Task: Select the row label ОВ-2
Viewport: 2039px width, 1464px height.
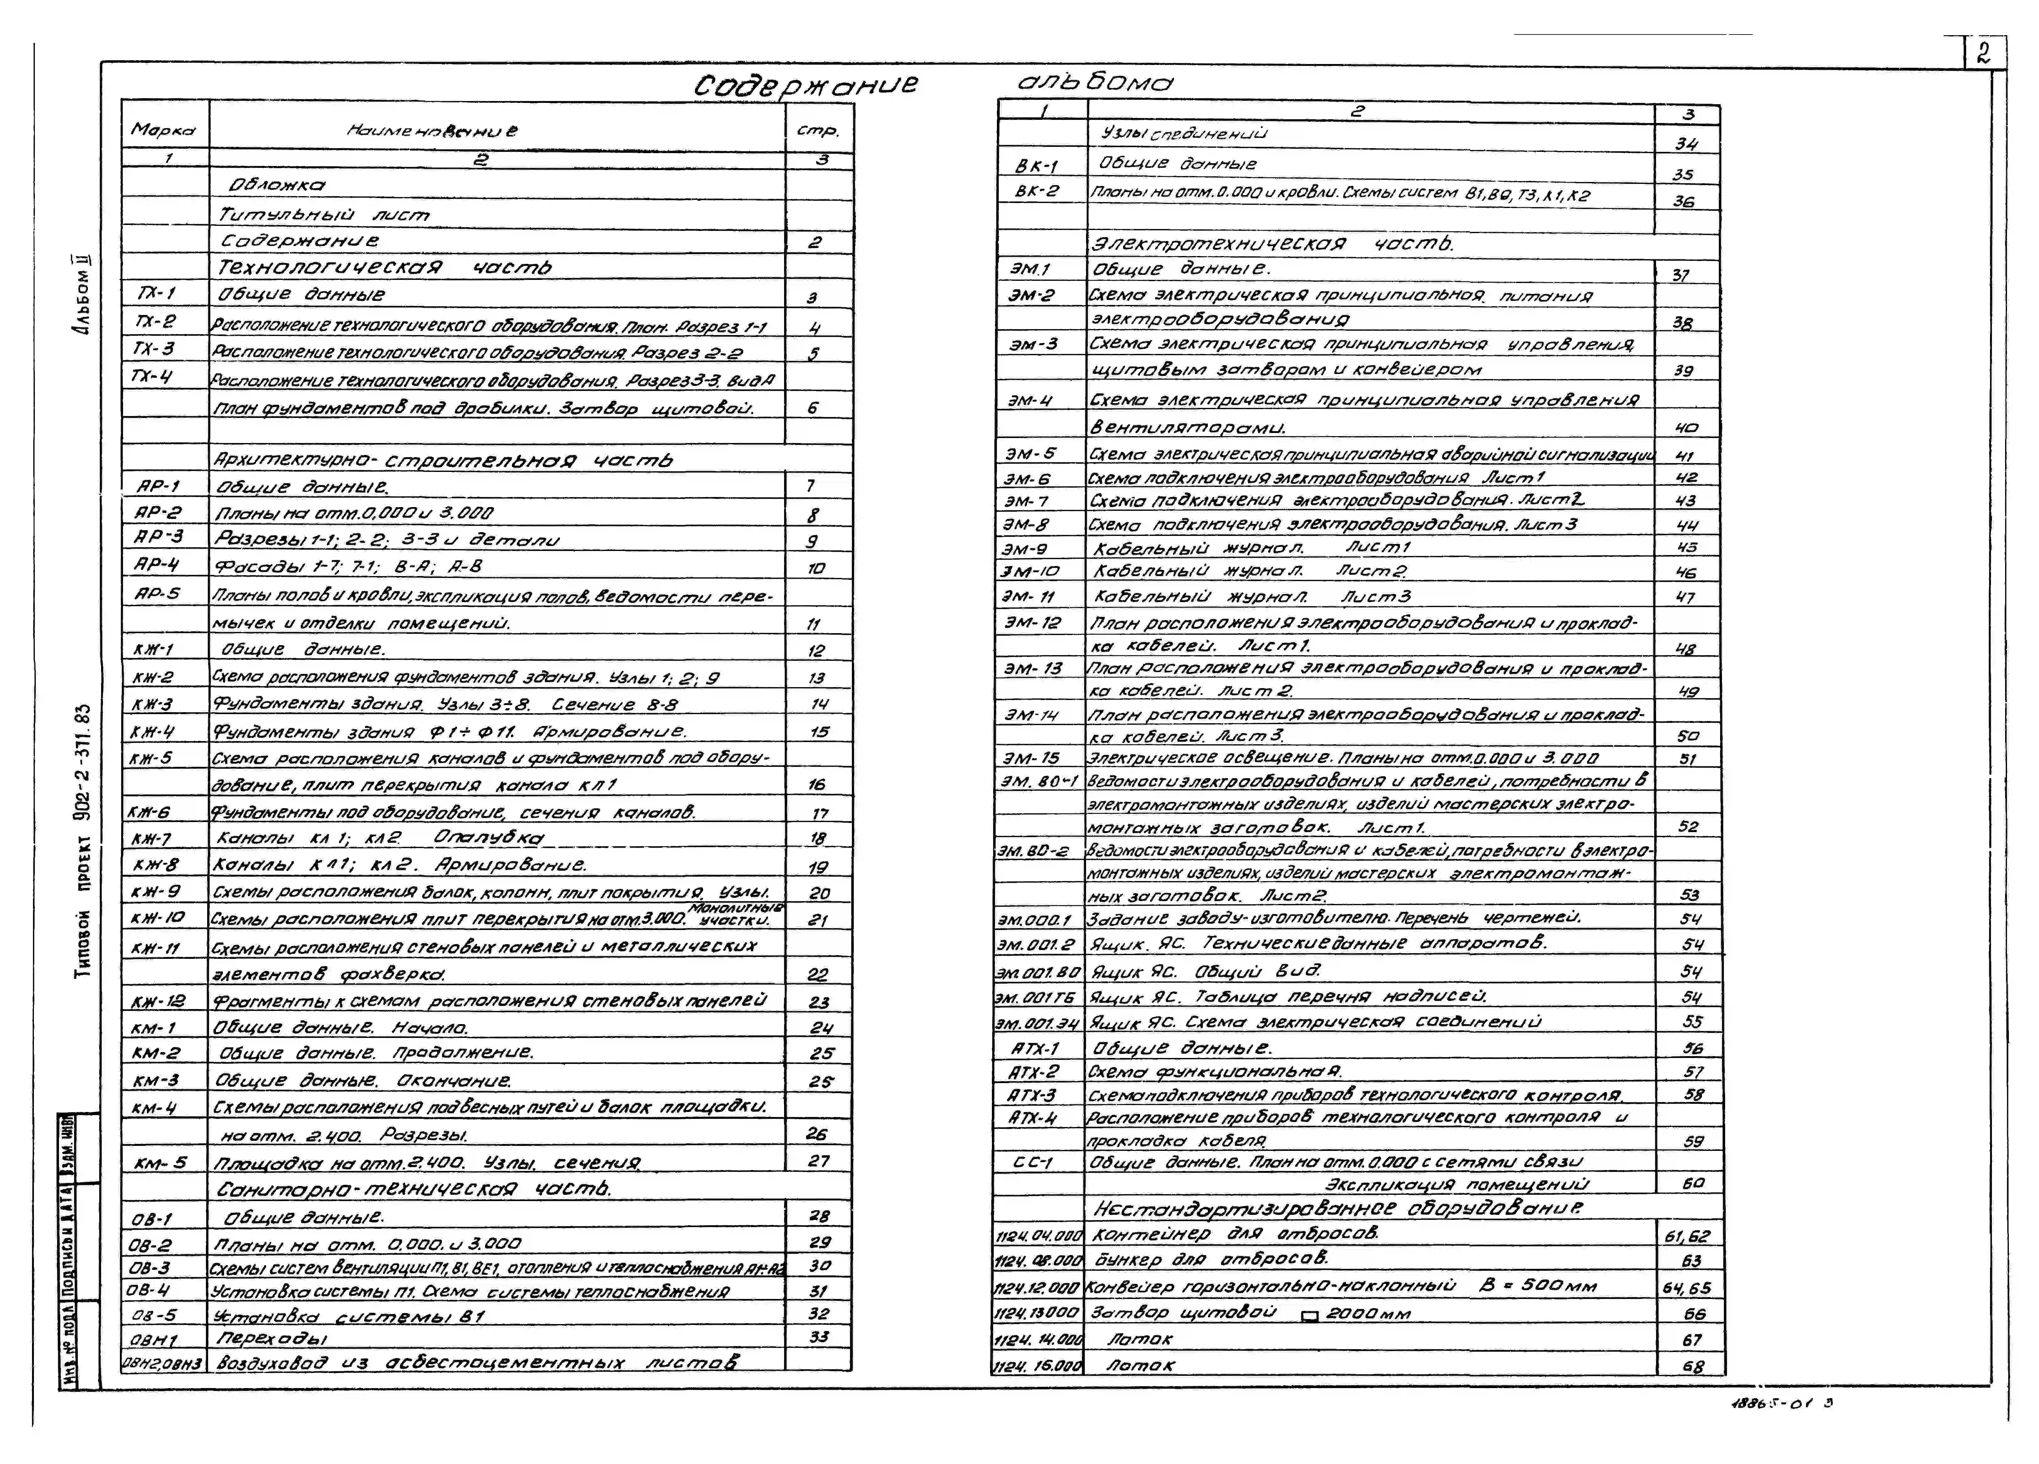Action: pyautogui.click(x=151, y=1245)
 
